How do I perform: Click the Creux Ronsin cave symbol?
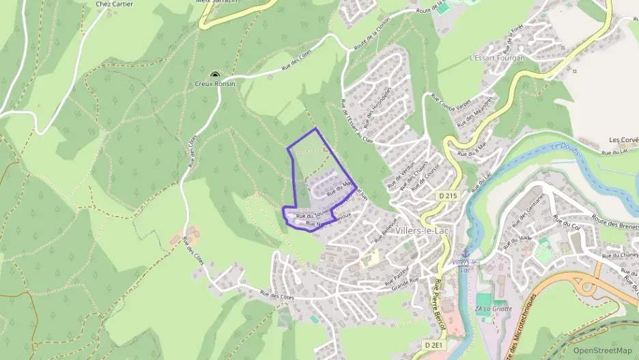(215, 75)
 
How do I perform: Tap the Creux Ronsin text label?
(215, 83)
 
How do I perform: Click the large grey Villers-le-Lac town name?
(427, 230)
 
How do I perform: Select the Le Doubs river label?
(565, 148)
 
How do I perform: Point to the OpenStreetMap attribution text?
(602, 350)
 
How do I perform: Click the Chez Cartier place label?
(115, 4)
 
